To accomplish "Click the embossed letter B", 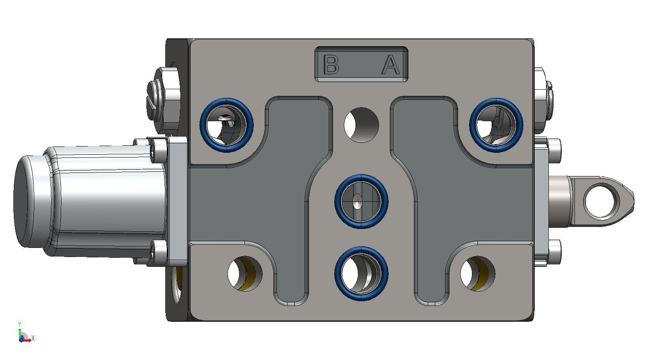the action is pyautogui.click(x=331, y=64).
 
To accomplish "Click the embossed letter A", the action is pyautogui.click(x=391, y=64).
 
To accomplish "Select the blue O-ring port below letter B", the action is pyautogui.click(x=226, y=99).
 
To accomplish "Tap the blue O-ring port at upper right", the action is pyautogui.click(x=496, y=99).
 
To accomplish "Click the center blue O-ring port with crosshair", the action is pyautogui.click(x=361, y=176).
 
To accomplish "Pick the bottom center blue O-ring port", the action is pyautogui.click(x=361, y=248).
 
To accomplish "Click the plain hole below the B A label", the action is pyautogui.click(x=361, y=125).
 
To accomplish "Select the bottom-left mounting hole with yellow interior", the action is pyautogui.click(x=245, y=274).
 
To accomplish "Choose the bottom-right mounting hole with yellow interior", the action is pyautogui.click(x=478, y=274).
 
